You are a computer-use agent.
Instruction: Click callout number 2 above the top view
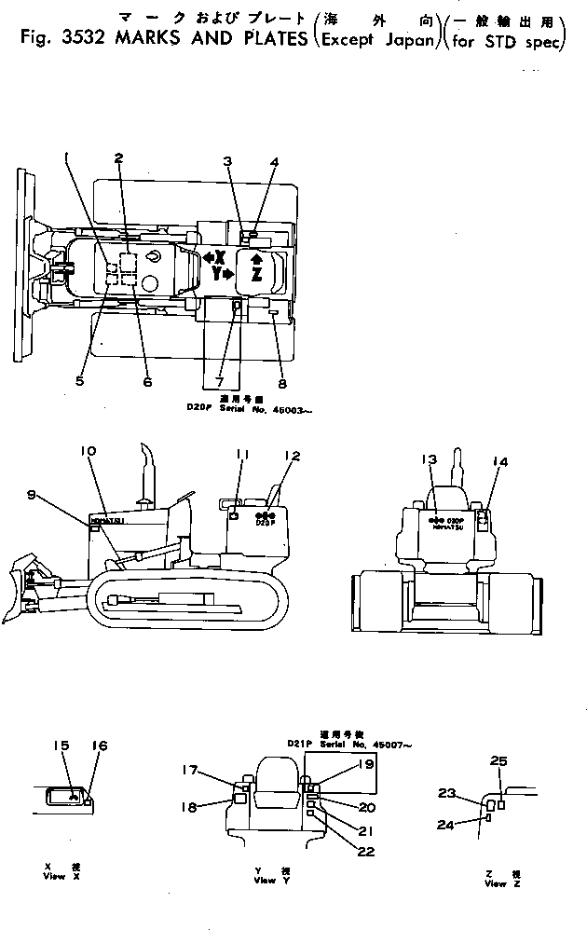(x=118, y=158)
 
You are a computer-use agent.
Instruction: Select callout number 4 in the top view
(x=274, y=162)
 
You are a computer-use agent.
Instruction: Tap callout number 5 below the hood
(x=79, y=380)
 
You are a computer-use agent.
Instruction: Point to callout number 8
(x=281, y=382)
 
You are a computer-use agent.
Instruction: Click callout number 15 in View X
(x=61, y=745)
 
